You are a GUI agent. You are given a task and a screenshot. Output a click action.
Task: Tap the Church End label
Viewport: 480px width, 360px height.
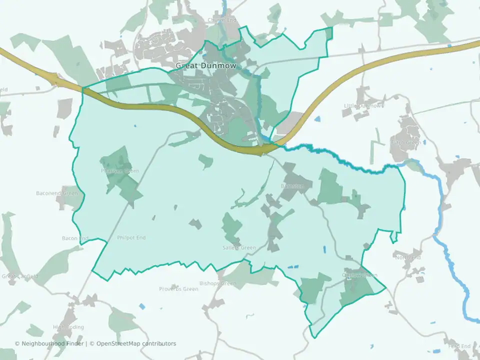pyautogui.click(x=221, y=20)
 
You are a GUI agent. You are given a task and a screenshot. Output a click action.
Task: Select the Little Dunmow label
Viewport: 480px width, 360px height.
pyautogui.click(x=363, y=106)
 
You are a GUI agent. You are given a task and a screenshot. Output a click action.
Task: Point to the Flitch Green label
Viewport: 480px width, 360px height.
pyautogui.click(x=405, y=142)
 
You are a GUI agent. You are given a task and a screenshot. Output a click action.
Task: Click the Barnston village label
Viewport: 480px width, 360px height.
pyautogui.click(x=292, y=186)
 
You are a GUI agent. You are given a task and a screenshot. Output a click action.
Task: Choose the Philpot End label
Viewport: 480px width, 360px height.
pyautogui.click(x=131, y=238)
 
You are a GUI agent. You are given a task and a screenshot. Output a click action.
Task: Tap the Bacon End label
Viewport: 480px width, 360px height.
pyautogui.click(x=75, y=238)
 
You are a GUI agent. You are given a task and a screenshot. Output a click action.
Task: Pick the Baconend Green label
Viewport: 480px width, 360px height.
pyautogui.click(x=57, y=193)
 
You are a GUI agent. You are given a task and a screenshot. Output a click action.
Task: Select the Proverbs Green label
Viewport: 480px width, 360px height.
pyautogui.click(x=178, y=289)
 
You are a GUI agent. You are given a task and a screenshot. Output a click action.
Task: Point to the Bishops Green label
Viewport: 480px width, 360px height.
pyautogui.click(x=220, y=284)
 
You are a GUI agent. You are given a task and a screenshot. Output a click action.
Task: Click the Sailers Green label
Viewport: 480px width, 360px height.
pyautogui.click(x=239, y=248)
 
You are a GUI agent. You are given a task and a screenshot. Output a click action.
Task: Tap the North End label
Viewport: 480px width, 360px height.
pyautogui.click(x=408, y=258)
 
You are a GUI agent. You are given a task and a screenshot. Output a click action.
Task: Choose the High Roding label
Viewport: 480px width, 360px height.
pyautogui.click(x=68, y=327)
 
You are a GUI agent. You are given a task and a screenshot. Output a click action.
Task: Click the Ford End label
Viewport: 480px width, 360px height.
pyautogui.click(x=459, y=346)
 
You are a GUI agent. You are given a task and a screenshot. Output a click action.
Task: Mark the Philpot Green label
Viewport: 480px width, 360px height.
pyautogui.click(x=120, y=171)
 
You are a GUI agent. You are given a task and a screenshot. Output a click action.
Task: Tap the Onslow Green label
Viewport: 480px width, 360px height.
pyautogui.click(x=359, y=275)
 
